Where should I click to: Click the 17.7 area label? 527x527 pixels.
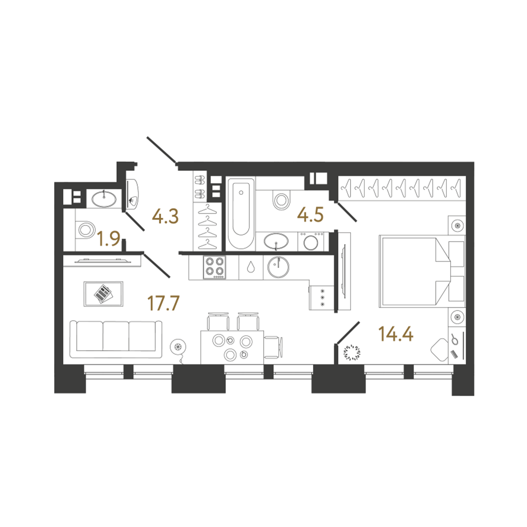tap(163, 303)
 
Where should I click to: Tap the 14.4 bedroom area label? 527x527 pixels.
tap(396, 334)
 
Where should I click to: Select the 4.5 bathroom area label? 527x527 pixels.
tap(310, 215)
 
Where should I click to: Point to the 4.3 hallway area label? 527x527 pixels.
tap(165, 216)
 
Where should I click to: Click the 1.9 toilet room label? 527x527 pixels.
tap(109, 239)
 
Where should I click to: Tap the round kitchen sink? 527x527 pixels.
tap(278, 267)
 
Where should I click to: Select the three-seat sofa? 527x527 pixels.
tap(116, 339)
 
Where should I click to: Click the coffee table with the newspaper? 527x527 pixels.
tap(103, 294)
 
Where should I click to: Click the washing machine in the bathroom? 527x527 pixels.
tap(311, 241)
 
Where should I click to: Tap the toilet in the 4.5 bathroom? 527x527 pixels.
tap(281, 200)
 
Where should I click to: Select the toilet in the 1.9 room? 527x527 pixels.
tap(85, 230)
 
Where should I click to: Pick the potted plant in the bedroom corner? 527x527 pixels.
tap(352, 352)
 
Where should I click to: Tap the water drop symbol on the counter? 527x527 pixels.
tap(251, 267)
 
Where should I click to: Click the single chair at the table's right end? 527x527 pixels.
tap(273, 347)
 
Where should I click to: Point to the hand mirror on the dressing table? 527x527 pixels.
tap(455, 339)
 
